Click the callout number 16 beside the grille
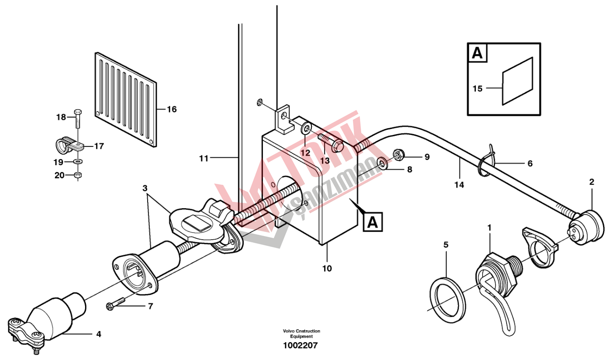[x=171, y=109]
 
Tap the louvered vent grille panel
[x=126, y=100]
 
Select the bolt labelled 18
[x=78, y=120]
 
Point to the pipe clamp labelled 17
[x=70, y=146]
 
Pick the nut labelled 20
[x=78, y=176]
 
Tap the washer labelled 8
[x=383, y=163]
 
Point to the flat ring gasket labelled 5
[x=448, y=300]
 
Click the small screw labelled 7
[x=116, y=304]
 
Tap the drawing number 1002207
[x=300, y=346]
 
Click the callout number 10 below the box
[x=327, y=269]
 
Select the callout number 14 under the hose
[x=459, y=185]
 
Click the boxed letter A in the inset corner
[x=477, y=53]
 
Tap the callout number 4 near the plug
[x=99, y=334]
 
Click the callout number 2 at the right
[x=592, y=182]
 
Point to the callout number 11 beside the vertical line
[x=204, y=158]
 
